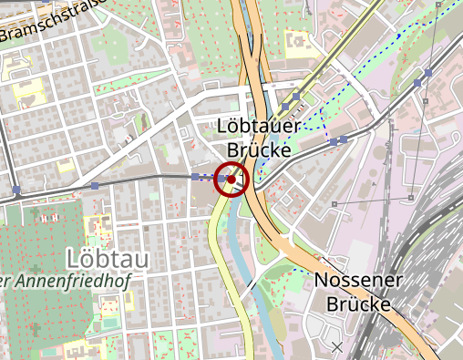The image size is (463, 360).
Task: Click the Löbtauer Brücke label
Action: [255, 138]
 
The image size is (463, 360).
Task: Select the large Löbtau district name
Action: [108, 258]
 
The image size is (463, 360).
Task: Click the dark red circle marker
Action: [231, 180]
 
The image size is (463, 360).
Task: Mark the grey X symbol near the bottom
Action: [336, 347]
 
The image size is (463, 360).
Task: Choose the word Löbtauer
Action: [255, 127]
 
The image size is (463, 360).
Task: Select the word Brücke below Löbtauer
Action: [259, 149]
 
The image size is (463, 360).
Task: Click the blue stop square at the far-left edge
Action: [17, 190]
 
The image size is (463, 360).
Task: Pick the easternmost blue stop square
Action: [427, 71]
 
